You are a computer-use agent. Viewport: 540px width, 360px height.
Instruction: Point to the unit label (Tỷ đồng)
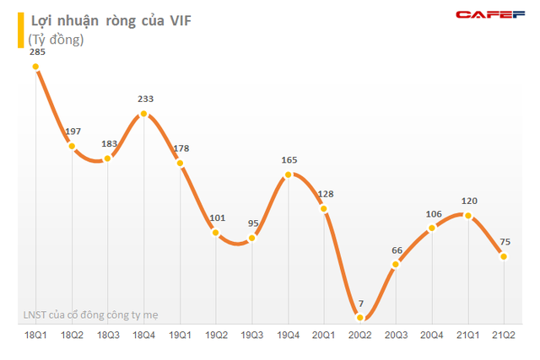(x=57, y=40)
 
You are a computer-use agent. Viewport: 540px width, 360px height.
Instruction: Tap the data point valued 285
(x=36, y=68)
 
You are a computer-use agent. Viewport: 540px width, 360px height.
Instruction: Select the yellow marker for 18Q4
(x=144, y=114)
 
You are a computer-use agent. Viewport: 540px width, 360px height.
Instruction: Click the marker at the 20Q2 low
(x=360, y=317)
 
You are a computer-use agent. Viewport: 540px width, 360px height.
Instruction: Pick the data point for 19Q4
(x=289, y=175)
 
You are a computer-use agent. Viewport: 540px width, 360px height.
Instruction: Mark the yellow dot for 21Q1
(x=468, y=215)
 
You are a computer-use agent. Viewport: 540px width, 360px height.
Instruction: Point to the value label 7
(x=360, y=304)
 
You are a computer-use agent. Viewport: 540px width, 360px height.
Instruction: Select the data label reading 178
(x=181, y=149)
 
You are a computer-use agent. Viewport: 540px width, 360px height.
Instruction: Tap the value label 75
(x=505, y=242)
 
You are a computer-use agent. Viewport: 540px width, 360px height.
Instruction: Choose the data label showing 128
(x=325, y=195)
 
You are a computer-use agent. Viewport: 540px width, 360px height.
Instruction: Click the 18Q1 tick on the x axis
(x=36, y=335)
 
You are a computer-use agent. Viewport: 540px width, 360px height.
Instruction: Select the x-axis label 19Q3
(x=252, y=335)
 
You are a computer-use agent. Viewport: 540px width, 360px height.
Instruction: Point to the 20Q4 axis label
(x=433, y=335)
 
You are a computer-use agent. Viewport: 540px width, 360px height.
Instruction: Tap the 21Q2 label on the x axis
(x=505, y=335)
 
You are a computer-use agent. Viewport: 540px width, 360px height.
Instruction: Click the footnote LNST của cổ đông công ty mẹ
(x=90, y=315)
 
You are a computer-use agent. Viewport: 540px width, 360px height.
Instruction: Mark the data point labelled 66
(x=397, y=266)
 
